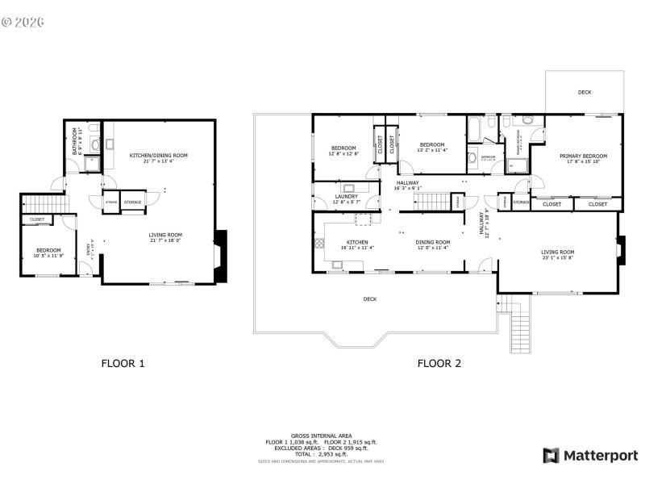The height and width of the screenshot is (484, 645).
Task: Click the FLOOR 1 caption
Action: click(123, 363)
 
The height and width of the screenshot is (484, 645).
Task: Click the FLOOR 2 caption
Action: click(439, 363)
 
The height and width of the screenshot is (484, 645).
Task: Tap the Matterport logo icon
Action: click(551, 456)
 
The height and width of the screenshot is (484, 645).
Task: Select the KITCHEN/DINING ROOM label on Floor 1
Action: click(159, 155)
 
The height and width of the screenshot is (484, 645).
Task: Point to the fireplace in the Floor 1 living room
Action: click(221, 245)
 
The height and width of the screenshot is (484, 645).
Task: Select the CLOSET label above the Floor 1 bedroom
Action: click(37, 219)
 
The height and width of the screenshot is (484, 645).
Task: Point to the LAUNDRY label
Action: click(346, 197)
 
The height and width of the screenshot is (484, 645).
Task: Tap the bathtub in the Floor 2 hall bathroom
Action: click(476, 129)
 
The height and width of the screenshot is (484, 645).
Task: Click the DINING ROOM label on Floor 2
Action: click(432, 242)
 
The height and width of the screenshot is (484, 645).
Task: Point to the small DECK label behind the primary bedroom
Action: click(585, 92)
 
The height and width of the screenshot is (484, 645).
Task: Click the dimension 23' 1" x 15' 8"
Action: click(556, 258)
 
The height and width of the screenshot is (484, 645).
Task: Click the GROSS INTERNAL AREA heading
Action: click(322, 436)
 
